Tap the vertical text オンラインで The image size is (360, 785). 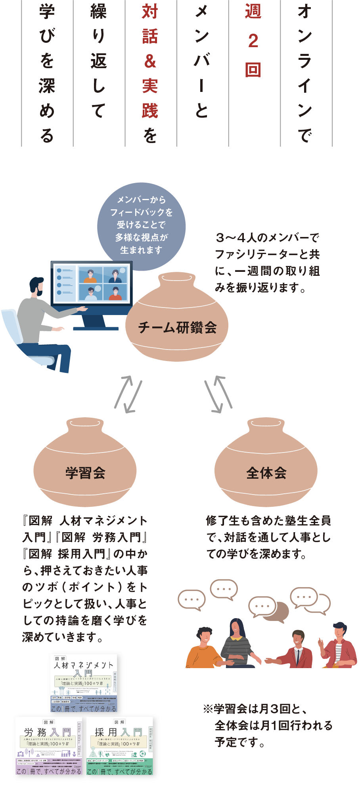(304, 73)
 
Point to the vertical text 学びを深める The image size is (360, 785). (47, 73)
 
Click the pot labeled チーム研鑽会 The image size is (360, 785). (177, 321)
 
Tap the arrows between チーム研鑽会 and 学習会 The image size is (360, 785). (128, 394)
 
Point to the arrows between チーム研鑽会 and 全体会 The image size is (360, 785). (218, 394)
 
